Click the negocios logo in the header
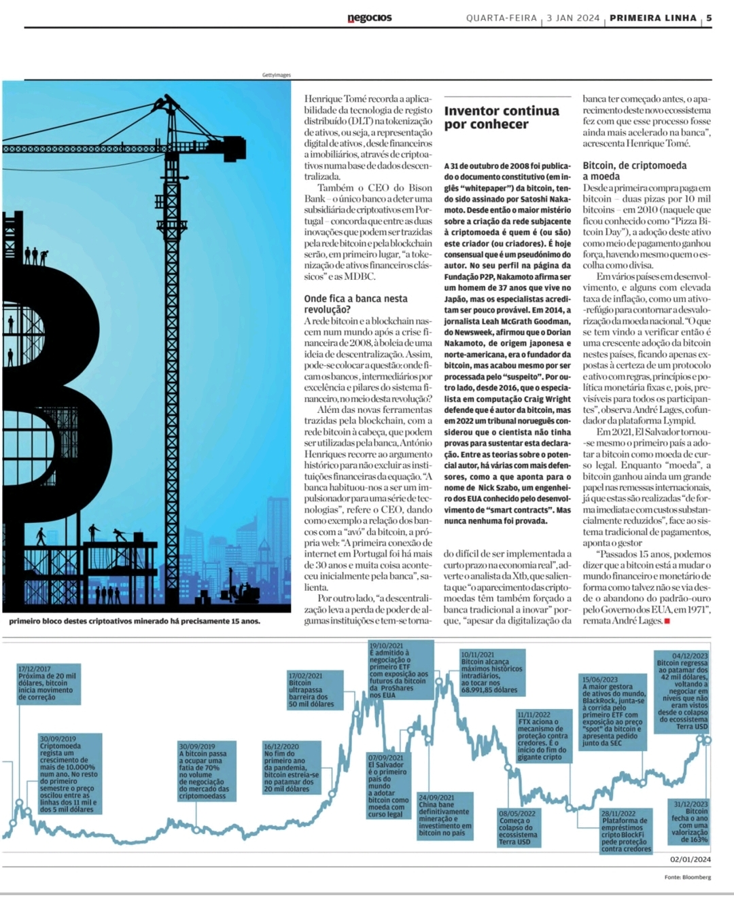click(x=370, y=18)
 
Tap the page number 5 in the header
click(x=709, y=18)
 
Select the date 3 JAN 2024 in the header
click(x=573, y=18)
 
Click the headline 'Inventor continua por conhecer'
click(x=502, y=117)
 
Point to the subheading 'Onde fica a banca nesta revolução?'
click(x=356, y=304)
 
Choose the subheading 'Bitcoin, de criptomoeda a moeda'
click(x=635, y=170)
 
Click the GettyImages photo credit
click(x=276, y=75)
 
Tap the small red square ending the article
click(x=667, y=621)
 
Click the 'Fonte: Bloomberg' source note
click(x=687, y=877)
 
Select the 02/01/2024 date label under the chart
click(x=691, y=859)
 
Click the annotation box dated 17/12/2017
click(x=49, y=683)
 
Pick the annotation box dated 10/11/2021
click(x=492, y=672)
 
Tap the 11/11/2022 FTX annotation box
click(x=543, y=736)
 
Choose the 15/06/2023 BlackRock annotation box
click(x=614, y=711)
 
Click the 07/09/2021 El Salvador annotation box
click(x=387, y=786)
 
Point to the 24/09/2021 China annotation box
click(x=444, y=815)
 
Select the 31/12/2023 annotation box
click(x=690, y=822)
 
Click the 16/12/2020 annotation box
click(x=292, y=768)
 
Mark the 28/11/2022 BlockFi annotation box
click(x=626, y=831)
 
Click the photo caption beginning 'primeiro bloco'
click(x=135, y=621)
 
